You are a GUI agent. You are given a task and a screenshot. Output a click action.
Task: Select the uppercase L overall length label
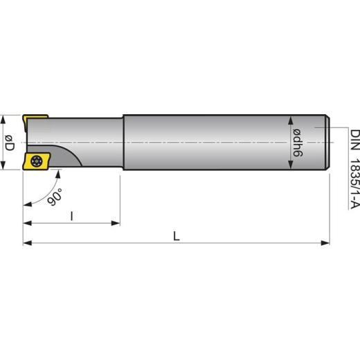(x=177, y=235)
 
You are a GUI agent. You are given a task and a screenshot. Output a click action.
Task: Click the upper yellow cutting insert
(x=33, y=121)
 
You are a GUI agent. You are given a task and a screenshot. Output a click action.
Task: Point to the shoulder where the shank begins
(x=123, y=143)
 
